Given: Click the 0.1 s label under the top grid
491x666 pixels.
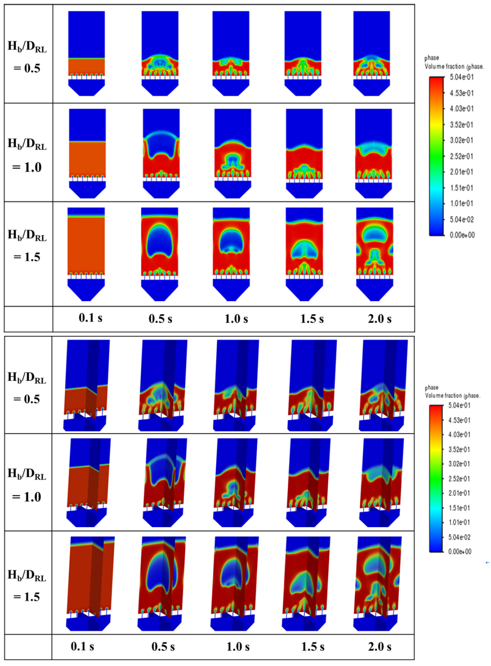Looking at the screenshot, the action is tap(90, 317).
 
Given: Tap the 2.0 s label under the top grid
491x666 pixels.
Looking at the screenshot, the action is tap(380, 319).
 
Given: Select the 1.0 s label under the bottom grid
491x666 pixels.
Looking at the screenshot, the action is tap(238, 646).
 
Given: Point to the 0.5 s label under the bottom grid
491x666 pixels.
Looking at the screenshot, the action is tap(163, 646).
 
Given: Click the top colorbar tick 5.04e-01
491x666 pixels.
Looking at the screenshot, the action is tap(462, 77).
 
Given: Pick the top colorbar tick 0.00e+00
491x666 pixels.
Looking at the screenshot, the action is tap(462, 235).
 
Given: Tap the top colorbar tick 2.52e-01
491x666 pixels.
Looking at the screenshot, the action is tap(461, 156).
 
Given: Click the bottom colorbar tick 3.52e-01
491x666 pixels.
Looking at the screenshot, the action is tap(459, 450).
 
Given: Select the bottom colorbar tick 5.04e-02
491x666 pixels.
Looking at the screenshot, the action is tap(459, 537).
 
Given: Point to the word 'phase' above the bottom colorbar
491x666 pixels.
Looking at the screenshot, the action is tap(432, 388).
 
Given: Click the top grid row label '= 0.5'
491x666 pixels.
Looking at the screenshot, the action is tap(27, 68).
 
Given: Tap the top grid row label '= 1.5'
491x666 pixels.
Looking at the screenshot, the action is tap(27, 257).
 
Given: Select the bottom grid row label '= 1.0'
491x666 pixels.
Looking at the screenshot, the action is tap(26, 497).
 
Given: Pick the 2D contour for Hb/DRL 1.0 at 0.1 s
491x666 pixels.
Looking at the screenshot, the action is tap(87, 153).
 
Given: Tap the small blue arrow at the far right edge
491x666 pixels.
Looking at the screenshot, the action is tap(487, 562).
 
